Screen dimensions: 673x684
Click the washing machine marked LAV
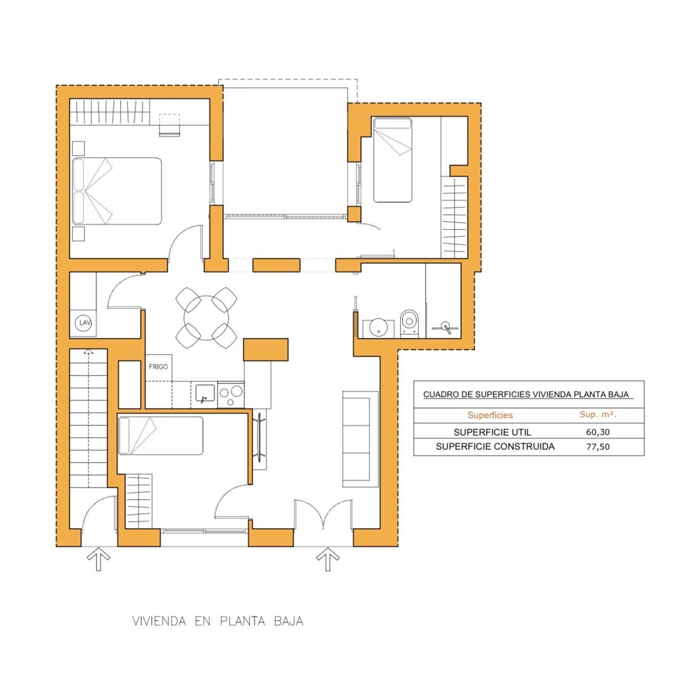point(83,323)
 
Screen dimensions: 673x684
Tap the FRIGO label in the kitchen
point(158,367)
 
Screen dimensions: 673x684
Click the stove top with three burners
point(231,395)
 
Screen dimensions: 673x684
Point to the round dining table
point(206,318)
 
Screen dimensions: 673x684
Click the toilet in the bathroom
point(409,323)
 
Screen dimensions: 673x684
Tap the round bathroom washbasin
point(378,328)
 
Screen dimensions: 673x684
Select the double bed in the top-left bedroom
point(117,191)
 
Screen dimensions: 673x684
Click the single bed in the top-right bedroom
point(393,160)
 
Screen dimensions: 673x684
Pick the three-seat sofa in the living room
point(360,439)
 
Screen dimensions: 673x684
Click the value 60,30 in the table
point(598,432)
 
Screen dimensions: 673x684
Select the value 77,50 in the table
point(598,446)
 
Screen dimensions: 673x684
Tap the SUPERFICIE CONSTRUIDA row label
point(495,446)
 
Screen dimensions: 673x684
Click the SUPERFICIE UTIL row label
point(492,432)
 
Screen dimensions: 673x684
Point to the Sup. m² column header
point(598,414)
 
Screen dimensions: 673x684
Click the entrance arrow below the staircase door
point(98,560)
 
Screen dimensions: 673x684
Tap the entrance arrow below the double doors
point(328,560)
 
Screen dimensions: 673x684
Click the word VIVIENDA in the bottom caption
point(159,621)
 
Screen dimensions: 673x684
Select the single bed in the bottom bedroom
point(160,436)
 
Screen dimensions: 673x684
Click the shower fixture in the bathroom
point(446,328)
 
